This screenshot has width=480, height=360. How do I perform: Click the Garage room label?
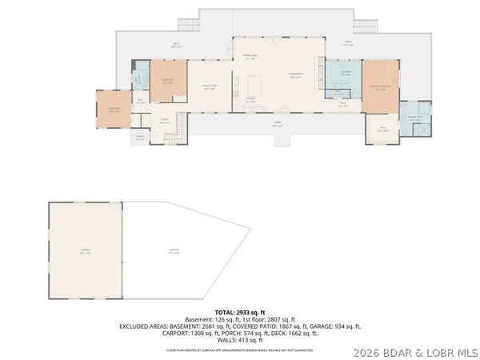85,252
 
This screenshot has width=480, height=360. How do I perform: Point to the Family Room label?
209,88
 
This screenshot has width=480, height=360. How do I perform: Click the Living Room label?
296,76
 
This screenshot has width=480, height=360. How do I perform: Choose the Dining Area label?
249,56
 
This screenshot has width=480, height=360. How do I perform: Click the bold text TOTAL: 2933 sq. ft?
239,312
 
